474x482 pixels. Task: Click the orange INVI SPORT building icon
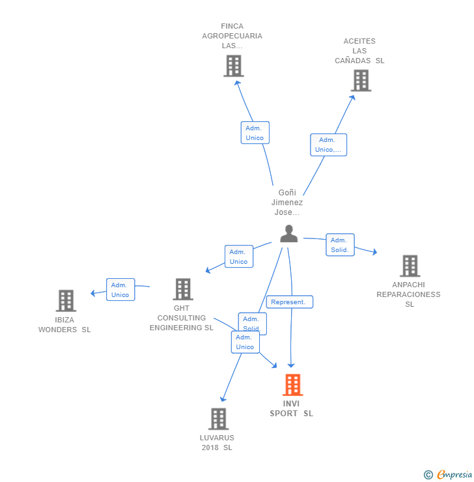point(293,384)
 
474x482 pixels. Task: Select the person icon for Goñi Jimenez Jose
point(288,234)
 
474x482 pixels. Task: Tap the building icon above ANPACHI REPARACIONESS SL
point(410,266)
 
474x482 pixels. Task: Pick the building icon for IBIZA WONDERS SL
point(66,301)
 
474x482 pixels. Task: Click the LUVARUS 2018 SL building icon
point(218,419)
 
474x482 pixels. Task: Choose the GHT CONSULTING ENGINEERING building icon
point(183,289)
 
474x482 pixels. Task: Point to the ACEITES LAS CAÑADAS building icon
point(361,81)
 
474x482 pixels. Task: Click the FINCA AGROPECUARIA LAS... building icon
point(234,66)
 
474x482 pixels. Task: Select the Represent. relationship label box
point(290,302)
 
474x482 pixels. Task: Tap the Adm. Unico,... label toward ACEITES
point(328,145)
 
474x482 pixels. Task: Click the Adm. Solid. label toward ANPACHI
point(340,245)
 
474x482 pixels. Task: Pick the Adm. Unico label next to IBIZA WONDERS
point(120,290)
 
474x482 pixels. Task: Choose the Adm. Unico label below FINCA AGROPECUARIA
point(255,132)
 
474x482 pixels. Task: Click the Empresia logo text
point(454,475)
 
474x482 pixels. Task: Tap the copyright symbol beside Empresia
point(428,475)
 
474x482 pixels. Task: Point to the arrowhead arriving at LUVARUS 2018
point(223,399)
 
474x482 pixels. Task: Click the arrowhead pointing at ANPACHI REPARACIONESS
point(374,252)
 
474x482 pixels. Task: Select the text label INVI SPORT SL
point(292,408)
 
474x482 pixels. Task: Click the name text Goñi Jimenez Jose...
point(287,203)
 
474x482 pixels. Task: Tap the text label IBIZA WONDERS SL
point(64,324)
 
